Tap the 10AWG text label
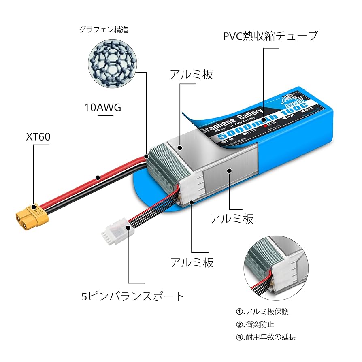click(103, 108)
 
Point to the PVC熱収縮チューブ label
click(270, 36)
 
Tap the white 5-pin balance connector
click(116, 230)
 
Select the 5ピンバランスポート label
click(133, 296)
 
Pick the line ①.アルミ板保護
click(262, 312)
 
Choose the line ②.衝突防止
click(255, 324)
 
